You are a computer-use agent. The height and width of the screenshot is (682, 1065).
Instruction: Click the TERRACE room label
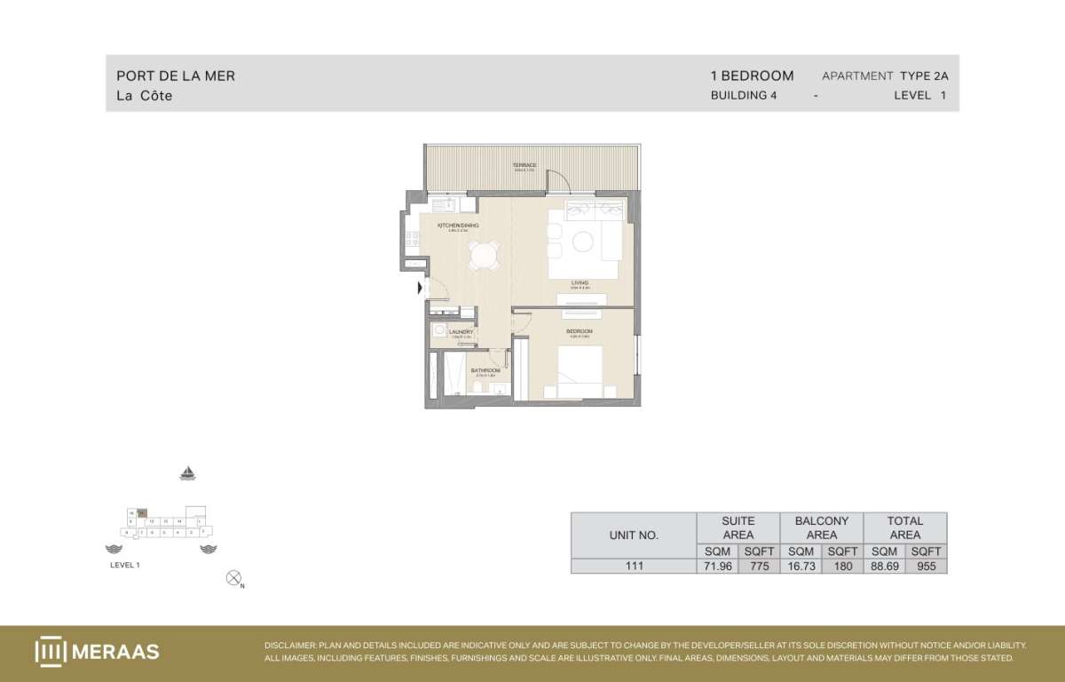coord(525,165)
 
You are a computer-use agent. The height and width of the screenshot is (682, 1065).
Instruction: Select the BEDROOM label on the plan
coord(579,331)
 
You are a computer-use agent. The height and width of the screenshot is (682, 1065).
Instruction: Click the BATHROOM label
coord(485,370)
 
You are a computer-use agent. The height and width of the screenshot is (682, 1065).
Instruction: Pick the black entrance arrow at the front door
coord(421,287)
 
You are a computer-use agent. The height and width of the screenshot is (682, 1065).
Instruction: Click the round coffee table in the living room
coord(584,241)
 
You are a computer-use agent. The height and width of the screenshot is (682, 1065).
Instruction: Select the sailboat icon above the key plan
coord(187,473)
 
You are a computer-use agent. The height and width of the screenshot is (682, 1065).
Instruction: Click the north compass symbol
coord(234,578)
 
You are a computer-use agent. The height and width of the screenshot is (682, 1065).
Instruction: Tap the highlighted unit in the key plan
coord(140,512)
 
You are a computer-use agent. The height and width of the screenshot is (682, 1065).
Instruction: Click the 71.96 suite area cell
coord(717,566)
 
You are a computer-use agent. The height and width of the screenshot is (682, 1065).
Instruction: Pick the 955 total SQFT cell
coord(926,566)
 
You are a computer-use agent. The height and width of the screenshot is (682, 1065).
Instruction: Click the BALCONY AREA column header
coord(821,527)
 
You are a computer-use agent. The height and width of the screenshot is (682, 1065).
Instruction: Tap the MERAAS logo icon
coord(51,651)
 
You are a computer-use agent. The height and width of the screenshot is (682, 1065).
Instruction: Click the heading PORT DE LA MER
coord(176,76)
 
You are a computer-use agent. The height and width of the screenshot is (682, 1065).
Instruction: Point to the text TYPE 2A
coord(929,76)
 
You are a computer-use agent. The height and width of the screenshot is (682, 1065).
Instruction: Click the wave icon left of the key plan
coord(113,549)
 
